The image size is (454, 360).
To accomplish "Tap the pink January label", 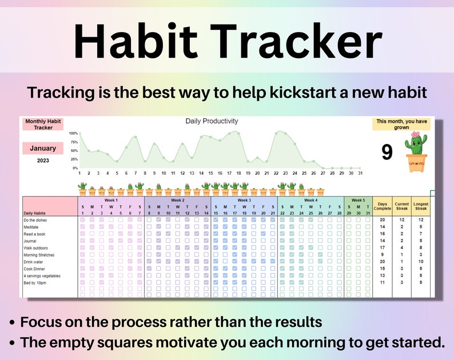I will click(x=43, y=149).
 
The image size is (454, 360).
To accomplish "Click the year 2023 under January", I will click(x=43, y=161).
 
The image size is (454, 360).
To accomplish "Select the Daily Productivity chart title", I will click(x=212, y=121).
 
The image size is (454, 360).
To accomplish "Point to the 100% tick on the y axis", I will click(x=73, y=133).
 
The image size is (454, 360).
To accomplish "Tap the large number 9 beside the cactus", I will click(x=387, y=153).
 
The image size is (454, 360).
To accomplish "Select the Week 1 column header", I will click(x=111, y=201).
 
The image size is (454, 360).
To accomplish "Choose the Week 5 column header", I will click(x=358, y=201).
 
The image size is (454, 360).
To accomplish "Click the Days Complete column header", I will click(x=382, y=206).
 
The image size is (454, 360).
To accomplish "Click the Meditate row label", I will click(x=31, y=227).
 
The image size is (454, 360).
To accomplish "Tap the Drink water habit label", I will click(x=33, y=262).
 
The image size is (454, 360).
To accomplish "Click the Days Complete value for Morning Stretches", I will click(x=382, y=255).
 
